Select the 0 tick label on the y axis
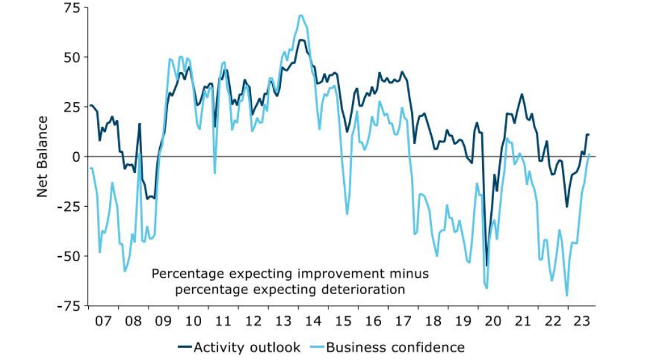(x=76, y=157)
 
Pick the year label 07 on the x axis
(x=103, y=321)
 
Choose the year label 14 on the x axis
(x=313, y=321)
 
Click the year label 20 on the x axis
(x=492, y=321)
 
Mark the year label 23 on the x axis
(x=582, y=321)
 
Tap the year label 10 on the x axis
(x=193, y=321)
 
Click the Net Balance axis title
(x=42, y=156)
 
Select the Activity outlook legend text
(x=247, y=347)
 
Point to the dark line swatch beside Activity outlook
(x=184, y=347)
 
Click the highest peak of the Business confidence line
(x=301, y=15)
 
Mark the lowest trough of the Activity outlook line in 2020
(x=486, y=266)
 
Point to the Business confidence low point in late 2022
(x=566, y=295)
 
